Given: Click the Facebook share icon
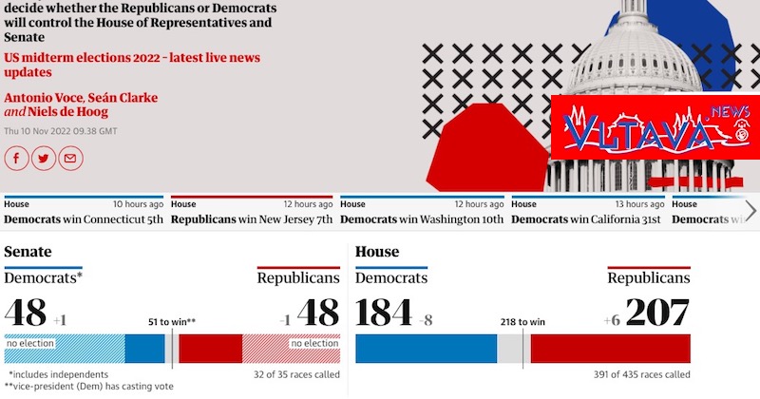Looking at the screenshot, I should pyautogui.click(x=17, y=159).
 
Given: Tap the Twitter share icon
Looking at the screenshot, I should pyautogui.click(x=43, y=159).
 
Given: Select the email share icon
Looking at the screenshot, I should pyautogui.click(x=68, y=159).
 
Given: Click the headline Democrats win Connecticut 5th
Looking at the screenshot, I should pyautogui.click(x=83, y=218).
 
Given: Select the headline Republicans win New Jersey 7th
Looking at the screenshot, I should pyautogui.click(x=252, y=218).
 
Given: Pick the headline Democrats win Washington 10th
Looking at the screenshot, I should pyautogui.click(x=421, y=218).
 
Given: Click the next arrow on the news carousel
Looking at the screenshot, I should pyautogui.click(x=750, y=211).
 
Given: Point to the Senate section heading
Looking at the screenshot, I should pyautogui.click(x=28, y=252).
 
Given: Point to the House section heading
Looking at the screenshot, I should pyautogui.click(x=377, y=252).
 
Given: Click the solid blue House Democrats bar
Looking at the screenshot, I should pyautogui.click(x=426, y=349).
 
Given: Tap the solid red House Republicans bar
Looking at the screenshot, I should pyautogui.click(x=611, y=349).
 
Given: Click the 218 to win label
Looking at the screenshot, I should pyautogui.click(x=522, y=321).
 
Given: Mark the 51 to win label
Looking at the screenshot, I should pyautogui.click(x=172, y=321).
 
